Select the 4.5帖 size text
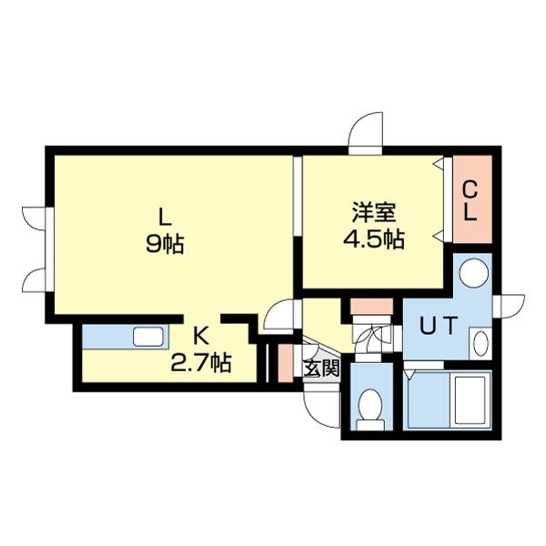tap(373, 239)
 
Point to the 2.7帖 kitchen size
tap(201, 362)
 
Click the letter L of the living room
tap(165, 217)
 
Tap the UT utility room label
tap(438, 326)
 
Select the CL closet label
tap(470, 202)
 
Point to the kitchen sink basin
tap(148, 337)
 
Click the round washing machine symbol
tap(473, 273)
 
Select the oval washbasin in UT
tap(481, 343)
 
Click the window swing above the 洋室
tap(366, 133)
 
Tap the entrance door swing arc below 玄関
tap(321, 409)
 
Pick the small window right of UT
tap(509, 306)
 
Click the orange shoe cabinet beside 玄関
tap(286, 363)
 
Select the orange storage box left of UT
tap(371, 306)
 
